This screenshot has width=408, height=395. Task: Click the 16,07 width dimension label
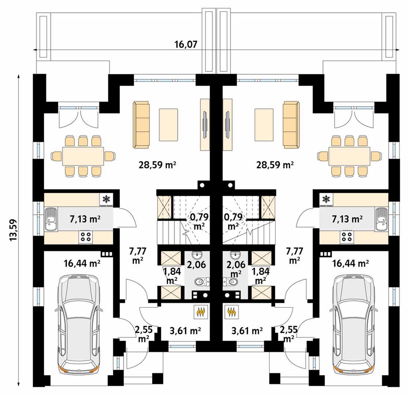(186, 45)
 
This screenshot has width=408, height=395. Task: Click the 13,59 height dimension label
(13, 230)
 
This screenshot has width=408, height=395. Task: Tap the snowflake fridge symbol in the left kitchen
(106, 199)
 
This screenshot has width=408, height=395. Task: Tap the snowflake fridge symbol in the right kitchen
(326, 199)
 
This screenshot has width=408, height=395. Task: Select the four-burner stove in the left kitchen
(86, 236)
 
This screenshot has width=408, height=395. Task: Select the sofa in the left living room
(141, 125)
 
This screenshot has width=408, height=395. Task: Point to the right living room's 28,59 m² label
(275, 165)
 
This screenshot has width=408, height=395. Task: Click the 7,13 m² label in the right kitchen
(347, 219)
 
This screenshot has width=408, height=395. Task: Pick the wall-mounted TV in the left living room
(205, 124)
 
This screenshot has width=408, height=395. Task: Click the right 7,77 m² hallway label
(294, 256)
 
